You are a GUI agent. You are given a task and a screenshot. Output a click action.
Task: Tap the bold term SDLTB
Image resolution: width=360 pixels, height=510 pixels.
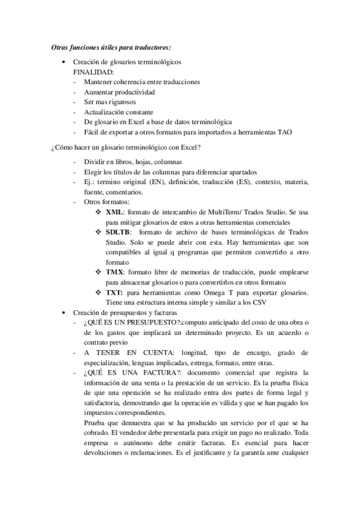118,232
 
